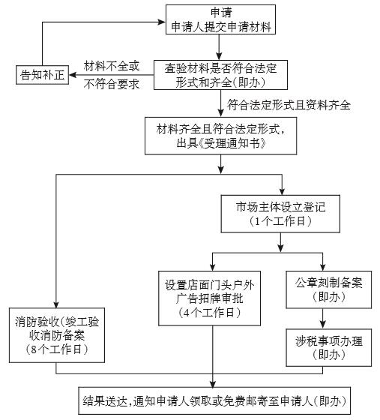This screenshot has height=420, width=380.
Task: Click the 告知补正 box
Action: [x=42, y=75]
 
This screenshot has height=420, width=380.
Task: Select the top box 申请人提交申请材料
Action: [x=220, y=19]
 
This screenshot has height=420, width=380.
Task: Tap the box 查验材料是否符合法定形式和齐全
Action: [x=220, y=75]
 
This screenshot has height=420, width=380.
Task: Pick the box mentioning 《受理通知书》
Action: [x=221, y=136]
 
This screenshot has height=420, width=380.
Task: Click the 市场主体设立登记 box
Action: [x=280, y=214]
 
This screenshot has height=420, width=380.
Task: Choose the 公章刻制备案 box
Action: [x=328, y=289]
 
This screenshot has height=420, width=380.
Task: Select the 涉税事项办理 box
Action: [x=328, y=348]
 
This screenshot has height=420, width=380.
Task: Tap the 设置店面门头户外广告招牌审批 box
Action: [x=210, y=298]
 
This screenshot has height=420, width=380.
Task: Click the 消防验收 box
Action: [x=57, y=335]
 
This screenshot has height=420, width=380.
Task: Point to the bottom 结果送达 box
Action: [x=214, y=400]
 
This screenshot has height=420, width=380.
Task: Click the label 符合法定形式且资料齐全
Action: [x=289, y=105]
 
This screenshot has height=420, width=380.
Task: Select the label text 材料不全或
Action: [x=112, y=66]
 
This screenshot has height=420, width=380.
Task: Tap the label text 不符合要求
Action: [x=112, y=84]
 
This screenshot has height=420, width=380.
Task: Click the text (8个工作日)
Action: [x=57, y=349]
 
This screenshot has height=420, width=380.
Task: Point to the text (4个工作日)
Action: [x=210, y=313]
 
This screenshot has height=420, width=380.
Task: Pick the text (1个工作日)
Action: [x=280, y=221]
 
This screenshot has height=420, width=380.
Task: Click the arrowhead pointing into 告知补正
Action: [x=73, y=75]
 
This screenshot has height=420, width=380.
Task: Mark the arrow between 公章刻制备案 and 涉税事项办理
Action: [x=323, y=319]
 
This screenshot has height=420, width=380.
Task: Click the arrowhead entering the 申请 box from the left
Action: [x=162, y=22]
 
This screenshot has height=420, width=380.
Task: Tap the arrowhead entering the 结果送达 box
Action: [x=213, y=383]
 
